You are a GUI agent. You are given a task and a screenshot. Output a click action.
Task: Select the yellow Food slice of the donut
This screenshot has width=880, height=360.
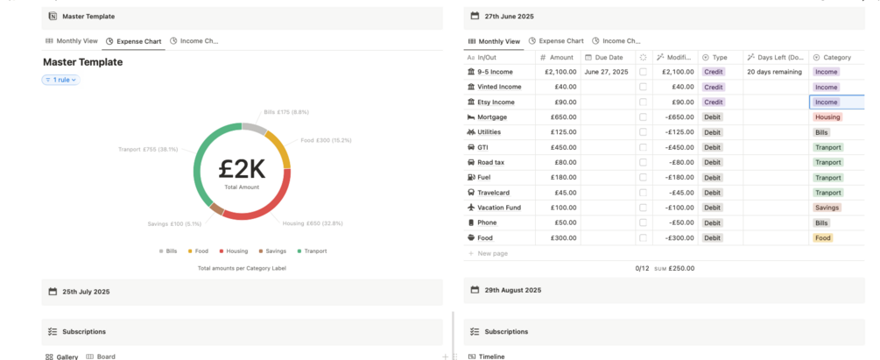tap(279, 148)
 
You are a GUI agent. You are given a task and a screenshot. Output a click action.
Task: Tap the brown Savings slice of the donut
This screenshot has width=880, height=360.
tap(217, 209)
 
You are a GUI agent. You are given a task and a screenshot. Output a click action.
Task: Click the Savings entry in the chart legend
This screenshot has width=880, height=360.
tap(272, 251)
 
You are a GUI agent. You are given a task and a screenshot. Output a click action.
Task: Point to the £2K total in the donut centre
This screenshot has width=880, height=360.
tap(242, 169)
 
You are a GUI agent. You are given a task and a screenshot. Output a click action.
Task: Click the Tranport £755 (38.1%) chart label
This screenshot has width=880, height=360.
tap(148, 150)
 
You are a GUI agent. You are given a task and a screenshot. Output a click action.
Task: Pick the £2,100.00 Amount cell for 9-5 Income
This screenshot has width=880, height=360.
tap(560, 72)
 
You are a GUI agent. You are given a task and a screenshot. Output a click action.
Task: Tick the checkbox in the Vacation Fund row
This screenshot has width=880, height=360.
tap(644, 208)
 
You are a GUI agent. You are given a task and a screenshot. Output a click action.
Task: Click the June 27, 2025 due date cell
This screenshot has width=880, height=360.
tap(606, 72)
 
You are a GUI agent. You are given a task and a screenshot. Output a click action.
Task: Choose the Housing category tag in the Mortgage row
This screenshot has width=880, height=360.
tap(827, 117)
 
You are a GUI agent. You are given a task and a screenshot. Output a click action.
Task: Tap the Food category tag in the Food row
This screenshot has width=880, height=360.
tap(823, 238)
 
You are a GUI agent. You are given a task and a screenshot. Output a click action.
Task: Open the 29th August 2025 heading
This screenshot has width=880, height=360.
tap(513, 290)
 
